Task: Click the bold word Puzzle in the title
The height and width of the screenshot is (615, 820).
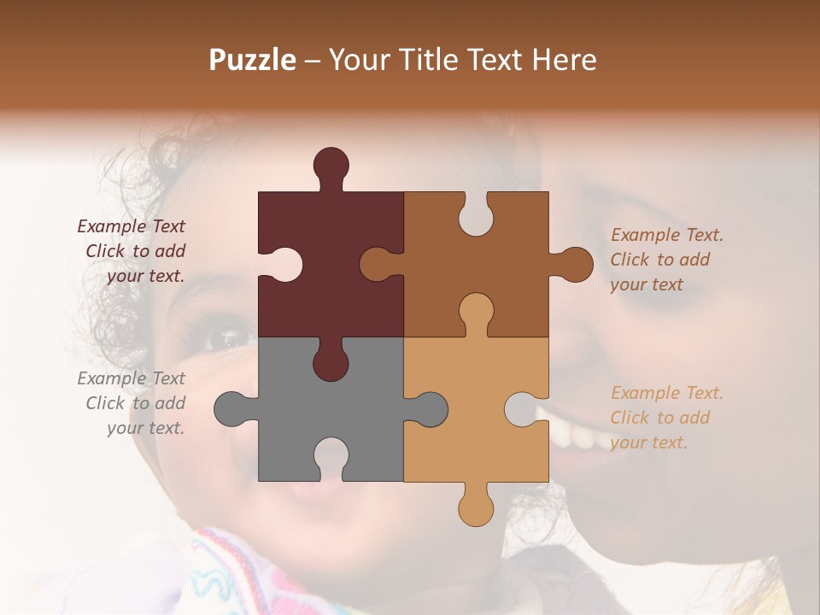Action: point(252,60)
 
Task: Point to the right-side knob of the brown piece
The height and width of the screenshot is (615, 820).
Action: point(574,265)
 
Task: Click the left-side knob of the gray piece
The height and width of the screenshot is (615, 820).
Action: point(231,409)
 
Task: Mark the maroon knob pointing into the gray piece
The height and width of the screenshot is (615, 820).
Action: point(331,361)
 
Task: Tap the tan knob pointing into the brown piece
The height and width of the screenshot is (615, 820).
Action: point(476,313)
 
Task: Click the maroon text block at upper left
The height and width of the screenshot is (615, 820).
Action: point(133,251)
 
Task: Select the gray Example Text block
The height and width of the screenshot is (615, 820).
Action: point(133,403)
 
